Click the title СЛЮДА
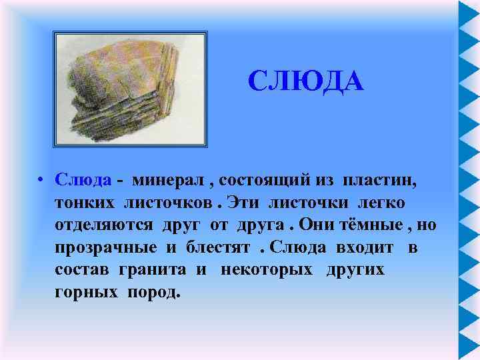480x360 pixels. tap(305, 82)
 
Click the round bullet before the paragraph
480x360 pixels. tap(41, 180)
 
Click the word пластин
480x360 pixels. tap(382, 180)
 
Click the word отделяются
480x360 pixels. tap(106, 225)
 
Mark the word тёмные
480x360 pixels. tap(375, 225)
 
